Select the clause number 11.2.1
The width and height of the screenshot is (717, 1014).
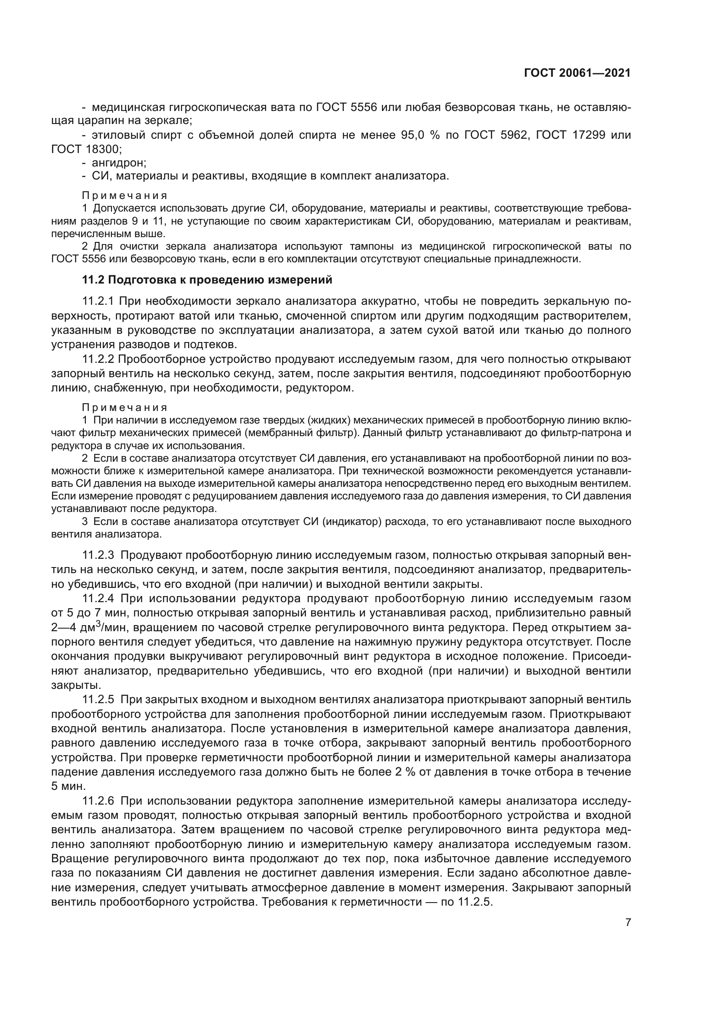pos(98,302)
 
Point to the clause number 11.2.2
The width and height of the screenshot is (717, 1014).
pos(98,359)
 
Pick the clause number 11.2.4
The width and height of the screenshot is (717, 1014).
pos(98,598)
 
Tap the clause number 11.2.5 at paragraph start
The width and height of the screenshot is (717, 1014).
pos(98,700)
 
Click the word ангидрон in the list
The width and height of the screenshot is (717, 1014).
pos(118,163)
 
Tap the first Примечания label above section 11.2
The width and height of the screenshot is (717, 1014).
pos(124,196)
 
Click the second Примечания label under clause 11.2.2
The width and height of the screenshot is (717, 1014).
pos(124,407)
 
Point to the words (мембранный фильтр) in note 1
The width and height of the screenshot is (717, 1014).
pos(314,432)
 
